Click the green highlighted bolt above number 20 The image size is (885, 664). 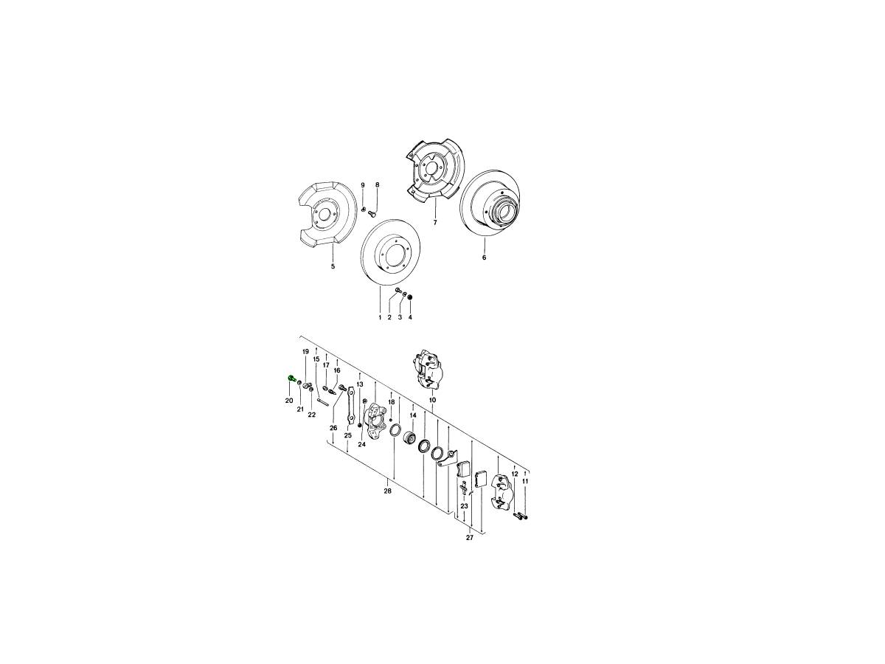[x=291, y=378]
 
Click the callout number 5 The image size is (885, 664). [x=333, y=266]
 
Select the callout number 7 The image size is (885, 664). [x=435, y=222]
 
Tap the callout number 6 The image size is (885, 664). [x=485, y=257]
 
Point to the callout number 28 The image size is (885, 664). [x=387, y=491]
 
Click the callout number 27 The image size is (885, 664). [x=469, y=538]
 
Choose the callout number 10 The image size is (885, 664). [x=433, y=400]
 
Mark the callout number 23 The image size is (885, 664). [x=464, y=505]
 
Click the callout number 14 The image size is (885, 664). [x=413, y=415]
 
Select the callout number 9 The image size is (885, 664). [x=362, y=185]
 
